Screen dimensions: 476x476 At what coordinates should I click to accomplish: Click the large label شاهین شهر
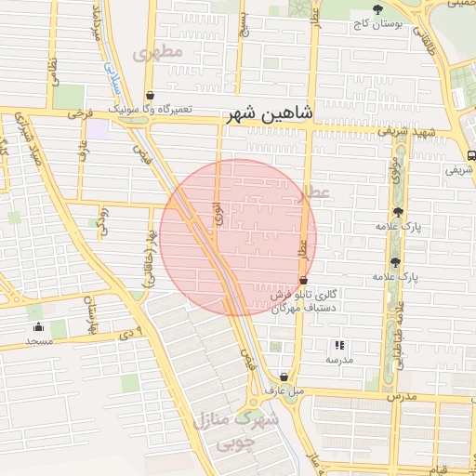271,114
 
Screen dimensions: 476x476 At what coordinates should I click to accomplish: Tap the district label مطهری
158,52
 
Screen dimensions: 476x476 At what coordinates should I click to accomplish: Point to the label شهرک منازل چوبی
236,431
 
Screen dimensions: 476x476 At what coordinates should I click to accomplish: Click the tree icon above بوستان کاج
377,8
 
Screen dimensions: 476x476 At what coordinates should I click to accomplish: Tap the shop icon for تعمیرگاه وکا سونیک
151,95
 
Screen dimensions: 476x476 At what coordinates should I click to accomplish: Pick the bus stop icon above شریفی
471,155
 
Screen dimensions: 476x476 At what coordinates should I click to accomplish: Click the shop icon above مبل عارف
284,377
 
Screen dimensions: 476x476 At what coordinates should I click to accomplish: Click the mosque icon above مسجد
39,326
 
